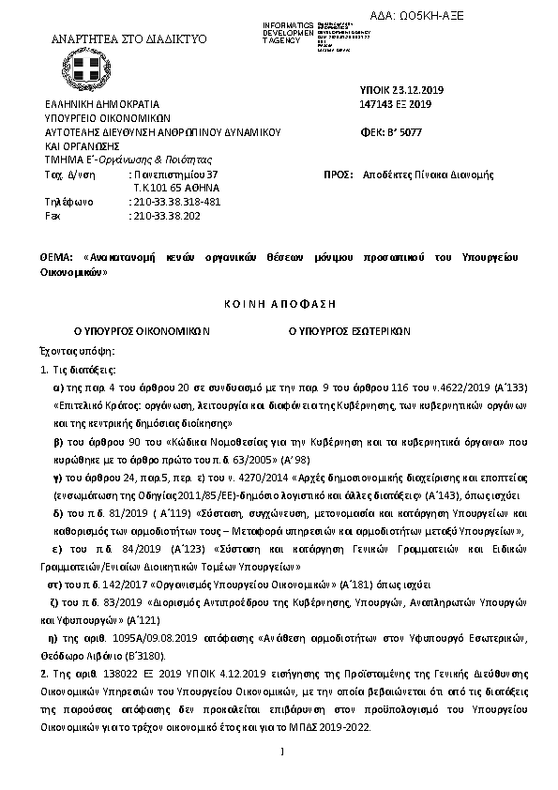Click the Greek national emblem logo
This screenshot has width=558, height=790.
coord(94,68)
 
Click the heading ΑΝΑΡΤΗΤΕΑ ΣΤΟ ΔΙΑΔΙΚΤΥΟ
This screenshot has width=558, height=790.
coord(128,39)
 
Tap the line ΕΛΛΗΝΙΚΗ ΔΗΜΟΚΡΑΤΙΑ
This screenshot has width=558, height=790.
coord(102,105)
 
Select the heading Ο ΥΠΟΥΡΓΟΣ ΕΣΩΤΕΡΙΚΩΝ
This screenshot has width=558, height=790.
coord(356,331)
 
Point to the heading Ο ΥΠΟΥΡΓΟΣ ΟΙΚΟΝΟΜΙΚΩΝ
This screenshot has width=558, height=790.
coord(142,331)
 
